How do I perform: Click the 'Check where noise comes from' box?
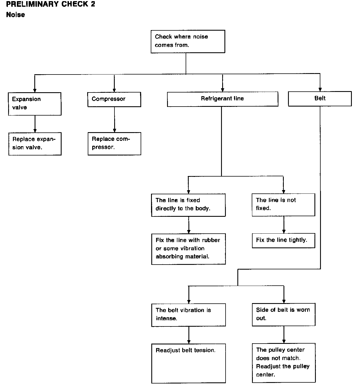click(188, 41)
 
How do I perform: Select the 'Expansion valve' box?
click(35, 104)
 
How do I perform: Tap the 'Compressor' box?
click(114, 100)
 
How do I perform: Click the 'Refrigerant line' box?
click(222, 99)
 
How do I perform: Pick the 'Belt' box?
click(320, 99)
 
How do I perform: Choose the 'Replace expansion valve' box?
click(35, 144)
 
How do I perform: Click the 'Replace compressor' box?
click(114, 144)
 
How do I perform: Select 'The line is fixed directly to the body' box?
click(188, 205)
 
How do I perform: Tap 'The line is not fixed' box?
click(283, 205)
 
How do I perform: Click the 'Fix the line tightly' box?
click(283, 240)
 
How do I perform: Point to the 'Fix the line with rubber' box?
click(188, 249)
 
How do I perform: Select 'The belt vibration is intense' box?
click(189, 315)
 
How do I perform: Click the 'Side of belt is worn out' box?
click(283, 315)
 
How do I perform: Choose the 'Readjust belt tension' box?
click(189, 363)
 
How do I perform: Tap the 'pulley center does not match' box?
click(284, 363)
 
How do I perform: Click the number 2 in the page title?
click(93, 4)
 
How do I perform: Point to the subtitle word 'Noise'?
click(15, 15)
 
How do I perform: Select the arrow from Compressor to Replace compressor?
click(114, 119)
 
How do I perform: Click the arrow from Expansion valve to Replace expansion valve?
click(35, 124)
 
